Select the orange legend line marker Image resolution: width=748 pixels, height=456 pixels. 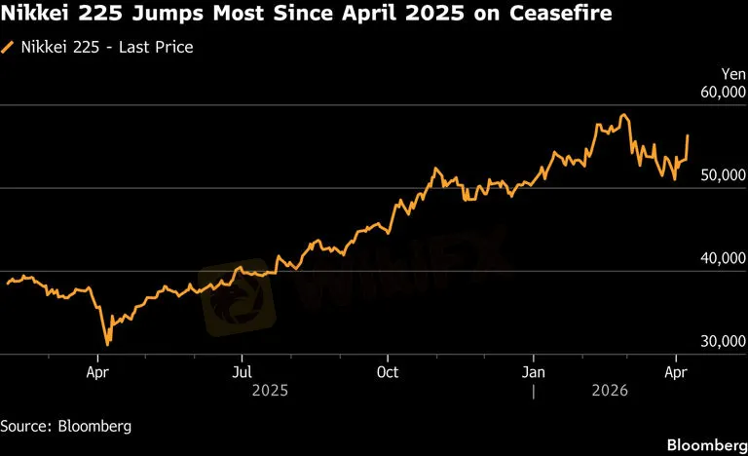(9, 47)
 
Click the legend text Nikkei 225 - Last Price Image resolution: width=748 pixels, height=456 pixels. (106, 47)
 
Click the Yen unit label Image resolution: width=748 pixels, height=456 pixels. (732, 73)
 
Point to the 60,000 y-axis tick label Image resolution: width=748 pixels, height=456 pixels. (722, 91)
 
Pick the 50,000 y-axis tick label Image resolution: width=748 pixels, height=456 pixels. (722, 173)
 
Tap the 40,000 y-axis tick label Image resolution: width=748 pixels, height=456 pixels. (722, 257)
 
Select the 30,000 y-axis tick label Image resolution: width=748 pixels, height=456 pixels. (722, 340)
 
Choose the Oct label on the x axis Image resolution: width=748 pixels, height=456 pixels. (388, 371)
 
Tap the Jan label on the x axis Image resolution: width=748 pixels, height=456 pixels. (533, 371)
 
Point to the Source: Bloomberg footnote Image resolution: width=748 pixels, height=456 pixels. (65, 426)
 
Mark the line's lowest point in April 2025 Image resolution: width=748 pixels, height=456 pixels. (107, 344)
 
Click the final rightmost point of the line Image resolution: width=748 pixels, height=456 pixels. (688, 135)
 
